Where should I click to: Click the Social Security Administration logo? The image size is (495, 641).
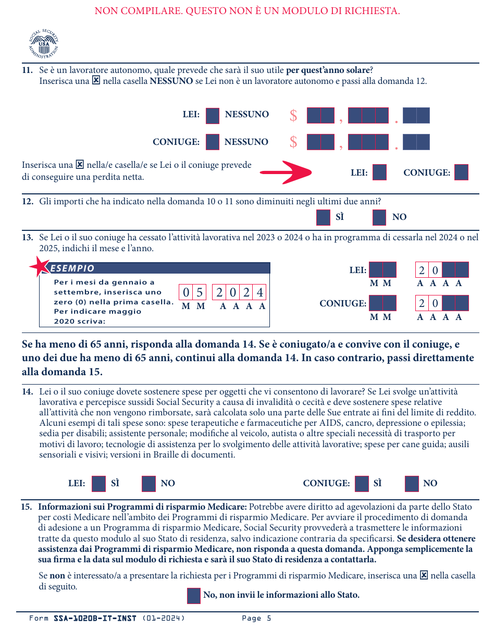(43, 44)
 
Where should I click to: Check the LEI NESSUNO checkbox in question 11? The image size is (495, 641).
(213, 115)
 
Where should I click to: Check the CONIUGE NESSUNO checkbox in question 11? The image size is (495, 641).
(213, 142)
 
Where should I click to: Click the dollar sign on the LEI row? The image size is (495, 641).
(293, 116)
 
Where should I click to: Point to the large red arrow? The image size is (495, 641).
(286, 172)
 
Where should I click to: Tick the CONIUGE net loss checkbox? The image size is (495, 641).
(462, 172)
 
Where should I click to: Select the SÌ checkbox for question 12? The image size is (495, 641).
(323, 217)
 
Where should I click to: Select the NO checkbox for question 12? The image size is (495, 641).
(379, 217)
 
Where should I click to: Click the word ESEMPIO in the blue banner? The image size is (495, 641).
(72, 268)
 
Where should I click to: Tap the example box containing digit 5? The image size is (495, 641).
(200, 292)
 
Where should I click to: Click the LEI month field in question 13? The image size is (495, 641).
(382, 270)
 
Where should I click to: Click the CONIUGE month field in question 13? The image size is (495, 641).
(382, 303)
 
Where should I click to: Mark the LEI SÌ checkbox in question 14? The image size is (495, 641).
(98, 484)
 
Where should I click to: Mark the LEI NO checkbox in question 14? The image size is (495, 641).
(149, 484)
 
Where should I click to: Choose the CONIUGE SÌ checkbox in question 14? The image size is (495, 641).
(362, 484)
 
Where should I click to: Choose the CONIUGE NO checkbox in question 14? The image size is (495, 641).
(412, 484)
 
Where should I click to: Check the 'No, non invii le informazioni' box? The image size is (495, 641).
(194, 596)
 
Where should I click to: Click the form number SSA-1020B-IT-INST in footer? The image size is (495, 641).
(95, 619)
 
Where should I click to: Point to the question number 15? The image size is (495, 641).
(26, 507)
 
